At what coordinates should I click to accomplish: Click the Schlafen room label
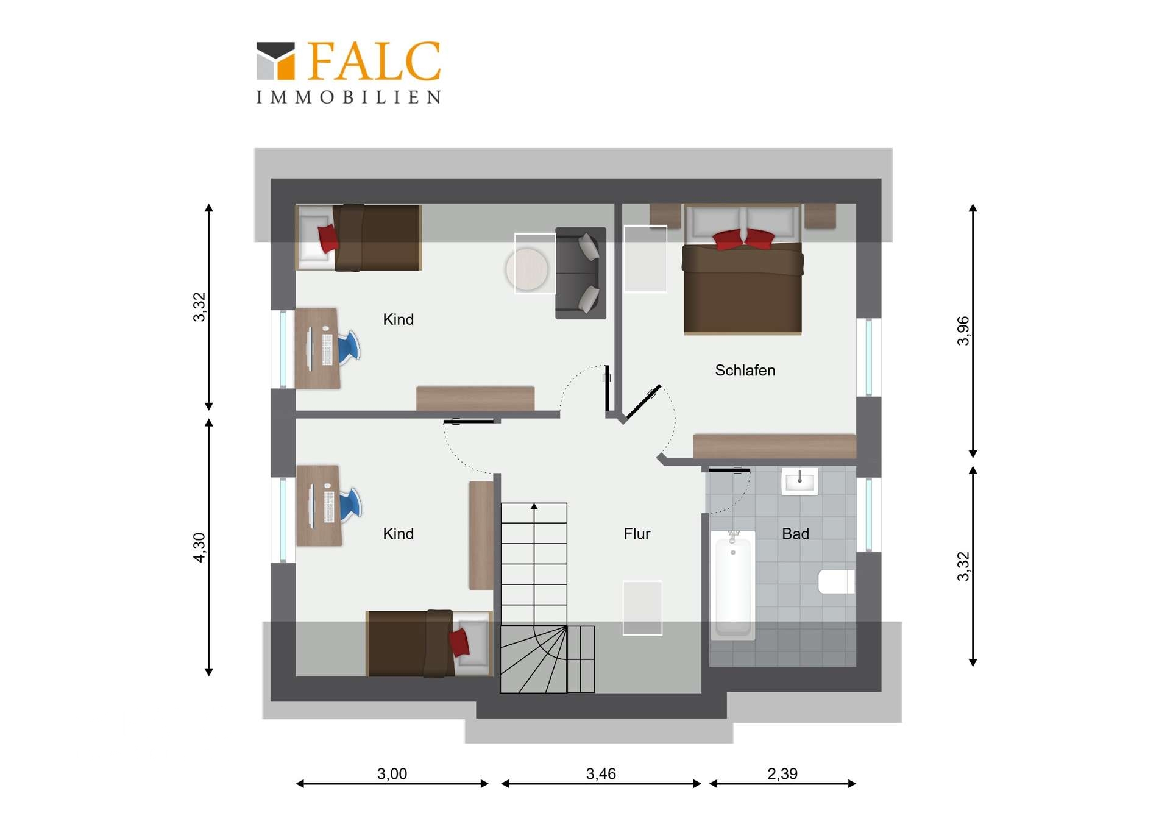click(745, 371)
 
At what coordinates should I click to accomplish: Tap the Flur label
click(637, 534)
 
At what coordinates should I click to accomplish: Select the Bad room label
click(795, 534)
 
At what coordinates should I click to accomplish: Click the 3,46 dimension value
click(601, 774)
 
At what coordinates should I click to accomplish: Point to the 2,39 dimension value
click(782, 774)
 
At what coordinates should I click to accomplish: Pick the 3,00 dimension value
click(392, 774)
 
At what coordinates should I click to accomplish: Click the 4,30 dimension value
click(200, 547)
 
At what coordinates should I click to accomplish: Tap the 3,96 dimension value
click(963, 331)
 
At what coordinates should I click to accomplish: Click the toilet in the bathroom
click(836, 581)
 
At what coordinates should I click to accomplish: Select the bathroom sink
click(799, 481)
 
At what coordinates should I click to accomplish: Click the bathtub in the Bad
click(733, 584)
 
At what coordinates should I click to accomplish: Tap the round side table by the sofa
click(527, 269)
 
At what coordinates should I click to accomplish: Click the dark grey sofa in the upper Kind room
click(581, 273)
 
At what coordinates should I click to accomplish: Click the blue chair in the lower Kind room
click(350, 505)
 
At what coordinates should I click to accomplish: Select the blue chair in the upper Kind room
click(349, 347)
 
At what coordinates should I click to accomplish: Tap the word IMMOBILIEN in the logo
click(349, 98)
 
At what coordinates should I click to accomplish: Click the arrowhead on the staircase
click(534, 506)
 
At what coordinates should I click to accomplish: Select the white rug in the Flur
click(642, 608)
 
